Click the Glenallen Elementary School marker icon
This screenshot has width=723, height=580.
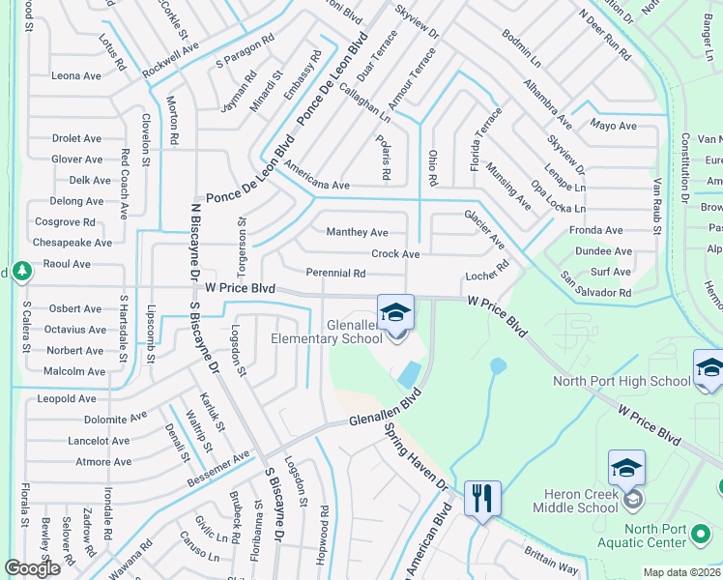pyautogui.click(x=395, y=312)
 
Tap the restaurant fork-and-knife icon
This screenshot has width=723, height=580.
pyautogui.click(x=482, y=498)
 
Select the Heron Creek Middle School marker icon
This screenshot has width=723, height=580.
pyautogui.click(x=626, y=468)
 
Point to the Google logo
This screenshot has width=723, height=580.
pyautogui.click(x=32, y=568)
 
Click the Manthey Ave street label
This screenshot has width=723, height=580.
pyautogui.click(x=358, y=233)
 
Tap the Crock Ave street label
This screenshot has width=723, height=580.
pyautogui.click(x=395, y=254)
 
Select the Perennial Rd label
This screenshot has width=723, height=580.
pyautogui.click(x=334, y=275)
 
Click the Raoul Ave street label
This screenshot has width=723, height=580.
pyautogui.click(x=67, y=264)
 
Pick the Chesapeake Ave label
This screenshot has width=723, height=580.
pyautogui.click(x=72, y=243)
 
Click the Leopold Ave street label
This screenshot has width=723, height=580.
pyautogui.click(x=67, y=398)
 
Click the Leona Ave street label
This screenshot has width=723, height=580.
pyautogui.click(x=76, y=75)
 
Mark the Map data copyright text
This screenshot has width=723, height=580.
pyautogui.click(x=682, y=572)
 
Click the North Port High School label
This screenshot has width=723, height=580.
pyautogui.click(x=622, y=381)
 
